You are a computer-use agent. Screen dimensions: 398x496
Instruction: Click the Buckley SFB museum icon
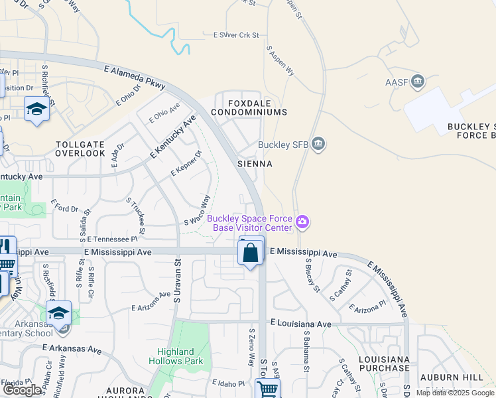tap(318, 145)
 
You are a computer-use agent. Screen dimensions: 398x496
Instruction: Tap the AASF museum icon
tap(418, 82)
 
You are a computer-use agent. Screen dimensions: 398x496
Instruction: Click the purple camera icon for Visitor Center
tap(302, 222)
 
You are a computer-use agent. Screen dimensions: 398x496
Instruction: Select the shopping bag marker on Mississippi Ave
tap(251, 253)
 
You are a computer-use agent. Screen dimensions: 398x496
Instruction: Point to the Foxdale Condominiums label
tap(249, 108)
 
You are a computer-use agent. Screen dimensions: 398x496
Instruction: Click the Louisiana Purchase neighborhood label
tap(383, 363)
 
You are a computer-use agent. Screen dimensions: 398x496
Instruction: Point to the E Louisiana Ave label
tap(300, 324)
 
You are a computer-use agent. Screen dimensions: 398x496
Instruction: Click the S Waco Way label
tap(197, 211)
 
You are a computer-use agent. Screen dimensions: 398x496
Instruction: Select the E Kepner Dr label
tap(185, 165)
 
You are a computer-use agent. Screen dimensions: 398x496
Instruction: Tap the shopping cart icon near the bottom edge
tap(267, 389)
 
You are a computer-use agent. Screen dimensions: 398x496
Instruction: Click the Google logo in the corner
tap(23, 390)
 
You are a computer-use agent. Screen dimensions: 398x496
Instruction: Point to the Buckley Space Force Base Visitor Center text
tap(249, 224)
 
